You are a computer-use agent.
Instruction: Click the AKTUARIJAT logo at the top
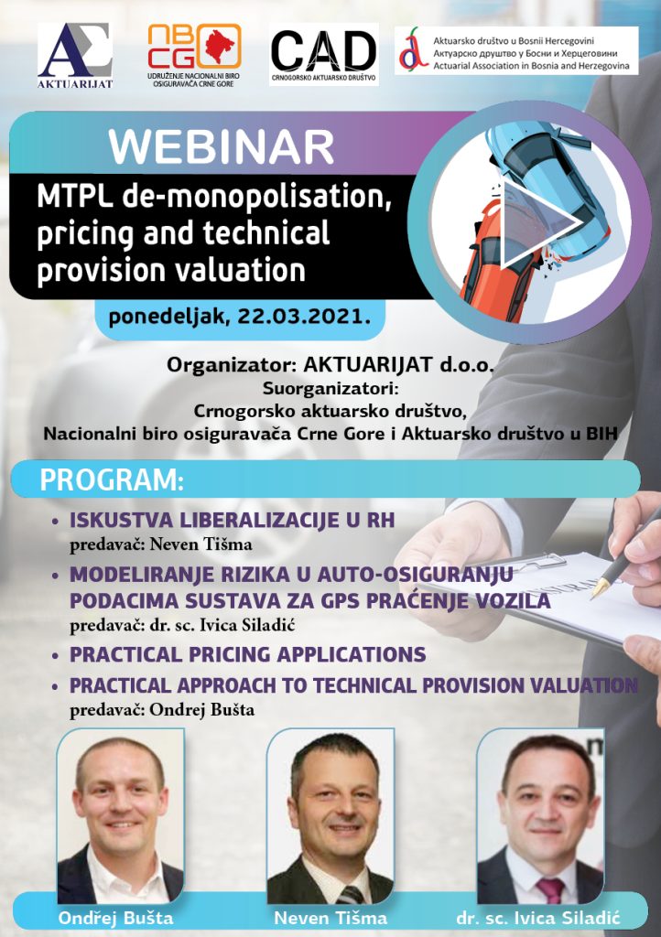click(x=75, y=56)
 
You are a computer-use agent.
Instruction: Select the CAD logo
click(x=324, y=54)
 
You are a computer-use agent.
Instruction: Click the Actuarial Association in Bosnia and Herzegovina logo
click(x=516, y=50)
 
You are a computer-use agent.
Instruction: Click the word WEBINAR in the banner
click(x=222, y=147)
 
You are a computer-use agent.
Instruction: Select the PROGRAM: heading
click(x=112, y=480)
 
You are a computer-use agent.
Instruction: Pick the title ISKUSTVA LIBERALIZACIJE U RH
click(x=233, y=520)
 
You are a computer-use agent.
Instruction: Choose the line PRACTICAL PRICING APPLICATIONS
click(x=248, y=654)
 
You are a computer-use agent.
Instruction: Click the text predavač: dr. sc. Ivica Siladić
click(x=182, y=625)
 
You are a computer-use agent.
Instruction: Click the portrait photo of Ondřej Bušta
click(x=120, y=816)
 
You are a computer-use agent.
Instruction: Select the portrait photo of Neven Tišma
click(x=330, y=816)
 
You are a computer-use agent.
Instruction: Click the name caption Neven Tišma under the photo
click(x=330, y=918)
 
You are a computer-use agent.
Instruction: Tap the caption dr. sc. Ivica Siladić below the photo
click(x=538, y=918)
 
